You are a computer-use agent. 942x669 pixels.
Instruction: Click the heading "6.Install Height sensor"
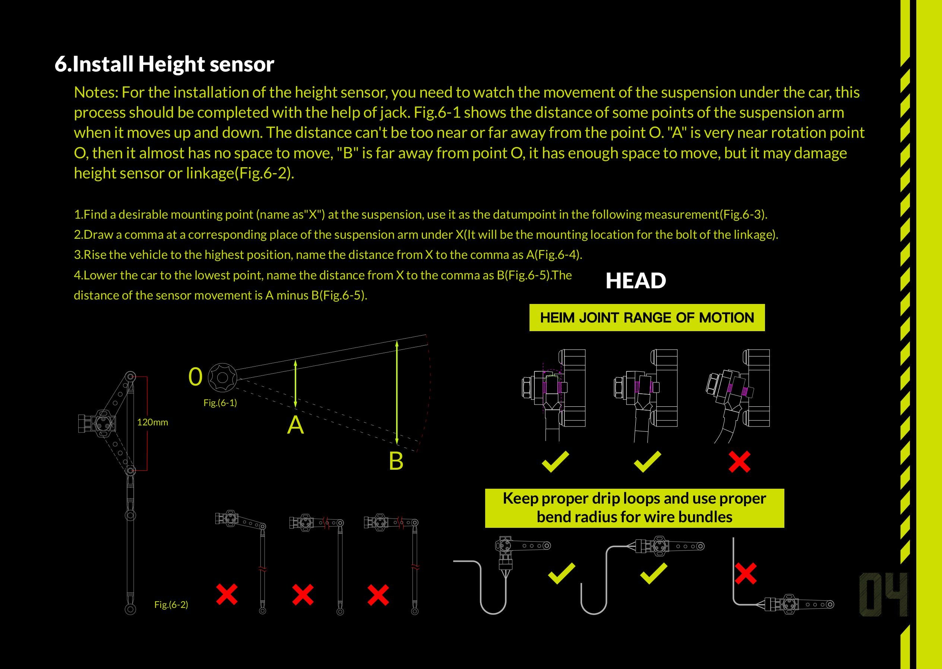point(164,64)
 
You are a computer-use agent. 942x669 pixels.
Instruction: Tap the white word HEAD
point(635,281)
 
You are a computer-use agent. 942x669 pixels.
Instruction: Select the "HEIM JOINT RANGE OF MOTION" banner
point(647,318)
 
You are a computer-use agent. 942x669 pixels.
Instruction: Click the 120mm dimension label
point(152,422)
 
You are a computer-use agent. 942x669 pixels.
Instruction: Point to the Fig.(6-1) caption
point(220,403)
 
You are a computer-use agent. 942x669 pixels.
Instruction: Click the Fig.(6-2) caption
point(171,604)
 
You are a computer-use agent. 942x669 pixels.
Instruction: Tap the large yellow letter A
point(295,425)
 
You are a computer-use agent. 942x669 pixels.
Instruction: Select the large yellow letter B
point(396,461)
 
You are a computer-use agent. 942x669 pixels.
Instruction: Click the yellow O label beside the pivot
point(195,377)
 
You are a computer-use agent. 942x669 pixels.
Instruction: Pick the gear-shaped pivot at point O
point(221,377)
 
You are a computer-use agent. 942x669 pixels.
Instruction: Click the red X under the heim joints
point(739,462)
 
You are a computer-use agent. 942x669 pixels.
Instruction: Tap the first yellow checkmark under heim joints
point(555,462)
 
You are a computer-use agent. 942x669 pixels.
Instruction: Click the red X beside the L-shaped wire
point(746,574)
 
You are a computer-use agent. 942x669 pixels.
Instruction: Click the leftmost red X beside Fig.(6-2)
point(227,594)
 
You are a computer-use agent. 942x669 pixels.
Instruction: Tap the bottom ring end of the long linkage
point(130,609)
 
